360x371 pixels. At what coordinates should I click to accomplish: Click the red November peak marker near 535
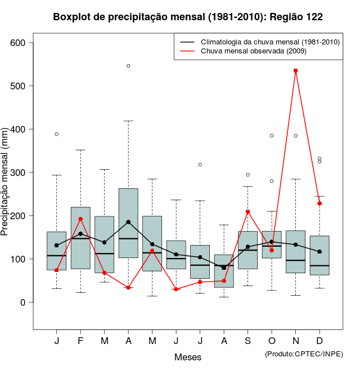click(x=295, y=71)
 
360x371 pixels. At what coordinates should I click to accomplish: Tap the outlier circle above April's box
click(x=128, y=66)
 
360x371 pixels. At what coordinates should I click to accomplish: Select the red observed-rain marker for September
click(x=247, y=211)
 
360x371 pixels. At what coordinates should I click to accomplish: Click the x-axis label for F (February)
click(x=80, y=341)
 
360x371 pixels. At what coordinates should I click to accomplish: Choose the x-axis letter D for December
click(x=319, y=341)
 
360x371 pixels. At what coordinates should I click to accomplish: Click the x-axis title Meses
click(x=188, y=357)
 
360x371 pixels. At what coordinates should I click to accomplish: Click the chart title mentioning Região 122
click(x=188, y=17)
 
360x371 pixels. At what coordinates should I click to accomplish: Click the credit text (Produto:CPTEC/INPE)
click(x=304, y=354)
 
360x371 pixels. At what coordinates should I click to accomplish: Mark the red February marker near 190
click(x=80, y=219)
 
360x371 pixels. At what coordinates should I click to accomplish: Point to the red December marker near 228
click(x=319, y=203)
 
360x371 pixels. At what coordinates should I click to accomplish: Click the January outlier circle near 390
click(x=57, y=134)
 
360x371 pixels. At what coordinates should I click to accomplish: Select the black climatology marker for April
click(x=128, y=222)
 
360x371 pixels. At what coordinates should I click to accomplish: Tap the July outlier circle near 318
click(x=200, y=165)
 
